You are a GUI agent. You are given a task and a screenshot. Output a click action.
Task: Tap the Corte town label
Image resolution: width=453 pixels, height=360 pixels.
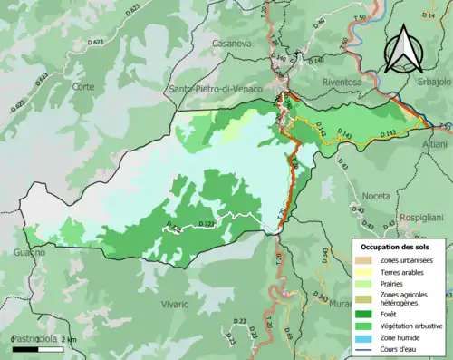(83, 86)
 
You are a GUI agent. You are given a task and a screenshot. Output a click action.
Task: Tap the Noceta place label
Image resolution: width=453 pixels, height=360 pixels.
(375, 196)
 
